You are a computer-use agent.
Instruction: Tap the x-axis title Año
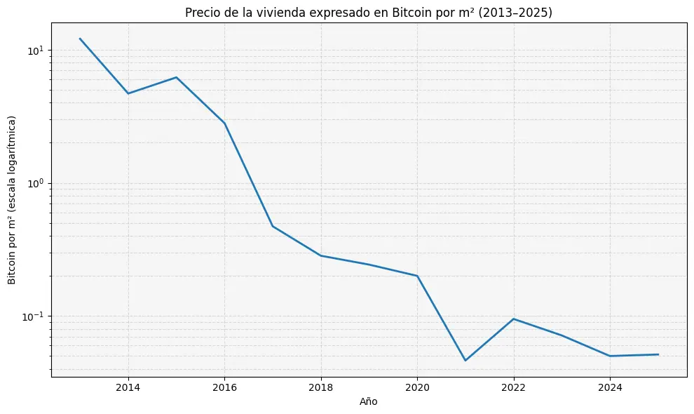[369, 401]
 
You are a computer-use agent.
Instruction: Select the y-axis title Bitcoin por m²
[12, 200]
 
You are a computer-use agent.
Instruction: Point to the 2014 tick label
[128, 387]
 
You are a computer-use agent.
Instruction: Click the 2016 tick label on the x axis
[224, 387]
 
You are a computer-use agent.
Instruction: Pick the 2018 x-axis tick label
[320, 387]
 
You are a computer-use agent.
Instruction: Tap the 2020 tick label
[417, 387]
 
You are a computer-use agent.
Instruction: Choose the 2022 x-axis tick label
[514, 387]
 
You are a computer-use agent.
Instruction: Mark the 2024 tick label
[610, 387]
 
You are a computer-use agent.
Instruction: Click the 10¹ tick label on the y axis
[36, 51]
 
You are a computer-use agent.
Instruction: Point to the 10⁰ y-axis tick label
[36, 183]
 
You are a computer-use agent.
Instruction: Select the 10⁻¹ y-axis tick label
[34, 316]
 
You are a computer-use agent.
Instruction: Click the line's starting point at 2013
[80, 39]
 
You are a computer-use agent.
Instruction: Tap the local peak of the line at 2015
[176, 77]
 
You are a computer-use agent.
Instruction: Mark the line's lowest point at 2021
[465, 361]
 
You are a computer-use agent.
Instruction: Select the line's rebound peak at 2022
[514, 319]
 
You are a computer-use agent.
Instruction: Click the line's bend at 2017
[273, 226]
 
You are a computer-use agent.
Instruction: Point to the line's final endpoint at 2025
[658, 354]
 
